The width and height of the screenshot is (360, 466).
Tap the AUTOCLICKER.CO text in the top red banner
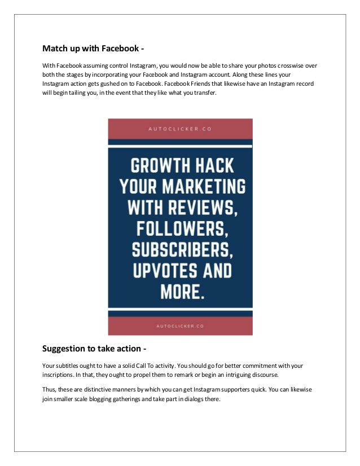(x=180, y=129)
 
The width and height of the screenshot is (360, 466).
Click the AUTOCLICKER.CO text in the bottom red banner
(x=180, y=326)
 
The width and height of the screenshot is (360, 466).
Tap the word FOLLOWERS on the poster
(x=180, y=229)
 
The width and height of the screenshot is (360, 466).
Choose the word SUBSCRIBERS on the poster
(x=180, y=250)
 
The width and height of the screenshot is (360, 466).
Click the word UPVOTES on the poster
(x=160, y=271)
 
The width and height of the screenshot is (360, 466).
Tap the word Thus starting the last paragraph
(x=50, y=390)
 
